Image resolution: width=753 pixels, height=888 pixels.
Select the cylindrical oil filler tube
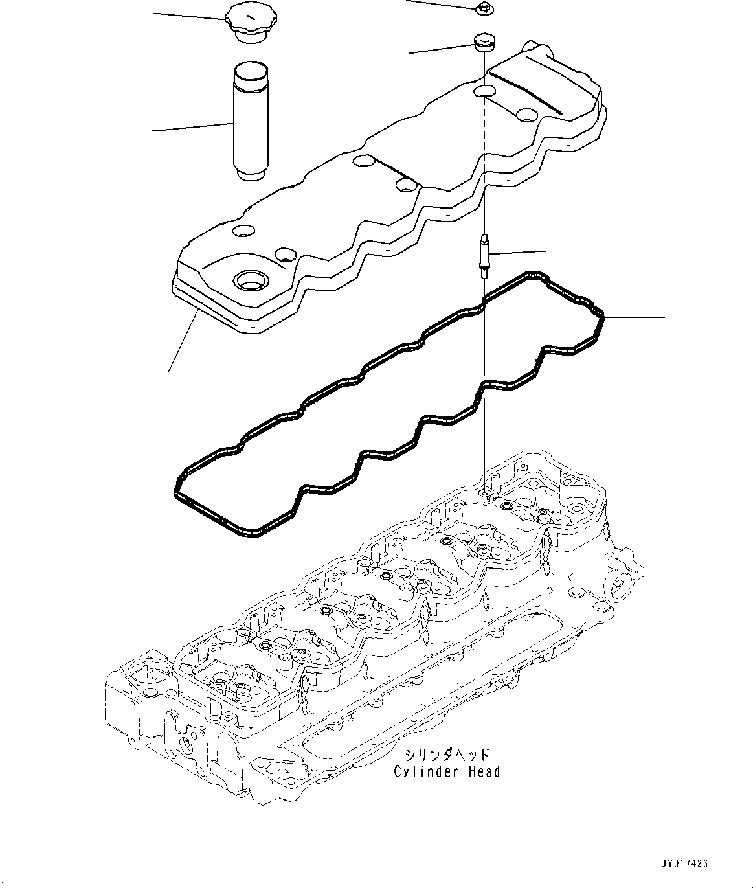250,120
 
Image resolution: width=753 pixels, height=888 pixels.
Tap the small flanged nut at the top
482,8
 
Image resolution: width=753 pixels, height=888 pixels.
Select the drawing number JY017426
685,863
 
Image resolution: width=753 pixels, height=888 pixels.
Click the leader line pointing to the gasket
635,317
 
